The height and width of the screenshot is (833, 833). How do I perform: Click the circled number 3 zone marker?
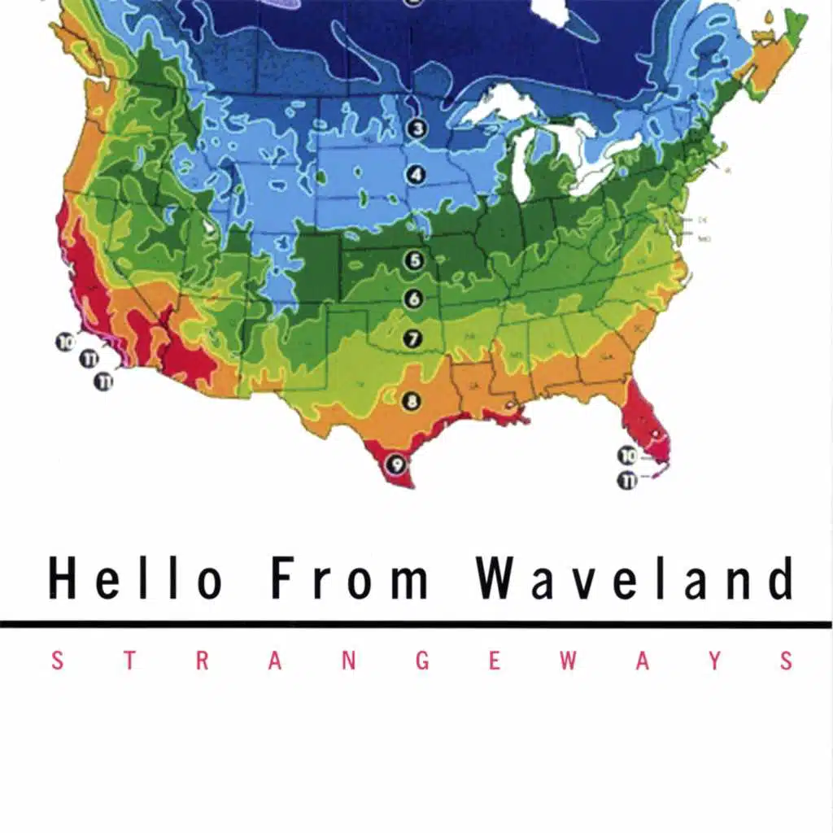pyautogui.click(x=417, y=129)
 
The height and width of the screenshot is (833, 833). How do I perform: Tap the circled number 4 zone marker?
pyautogui.click(x=417, y=173)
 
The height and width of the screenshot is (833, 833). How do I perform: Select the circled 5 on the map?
pyautogui.click(x=415, y=260)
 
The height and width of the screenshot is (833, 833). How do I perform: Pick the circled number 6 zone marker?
pyautogui.click(x=414, y=299)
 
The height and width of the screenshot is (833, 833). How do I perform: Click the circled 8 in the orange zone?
pyautogui.click(x=412, y=400)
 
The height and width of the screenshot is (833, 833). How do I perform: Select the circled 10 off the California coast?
pyautogui.click(x=65, y=342)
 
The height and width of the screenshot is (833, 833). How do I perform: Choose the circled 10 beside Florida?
pyautogui.click(x=627, y=456)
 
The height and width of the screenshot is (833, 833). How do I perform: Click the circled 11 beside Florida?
pyautogui.click(x=627, y=480)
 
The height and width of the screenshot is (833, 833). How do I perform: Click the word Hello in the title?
pyautogui.click(x=134, y=579)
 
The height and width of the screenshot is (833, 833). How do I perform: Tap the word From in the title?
pyautogui.click(x=350, y=579)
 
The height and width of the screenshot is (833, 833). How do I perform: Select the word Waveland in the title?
pyautogui.click(x=635, y=579)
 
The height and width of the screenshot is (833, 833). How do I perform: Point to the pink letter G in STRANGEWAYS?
pyautogui.click(x=423, y=661)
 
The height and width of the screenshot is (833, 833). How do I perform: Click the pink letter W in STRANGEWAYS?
pyautogui.click(x=569, y=661)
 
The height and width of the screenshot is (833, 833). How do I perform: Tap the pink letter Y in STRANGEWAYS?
pyautogui.click(x=715, y=661)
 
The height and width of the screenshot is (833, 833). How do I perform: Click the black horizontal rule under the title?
pyautogui.click(x=416, y=624)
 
